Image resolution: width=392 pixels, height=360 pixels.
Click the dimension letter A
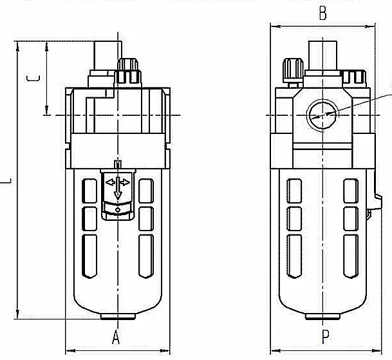(x=116, y=337)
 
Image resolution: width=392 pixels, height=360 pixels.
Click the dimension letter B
(x=322, y=14)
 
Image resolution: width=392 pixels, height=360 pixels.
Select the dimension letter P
(x=325, y=337)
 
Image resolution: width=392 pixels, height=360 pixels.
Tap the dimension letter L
(x=6, y=181)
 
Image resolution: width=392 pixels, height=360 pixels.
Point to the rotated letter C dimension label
(x=33, y=78)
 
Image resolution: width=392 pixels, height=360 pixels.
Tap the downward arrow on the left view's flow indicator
(x=118, y=188)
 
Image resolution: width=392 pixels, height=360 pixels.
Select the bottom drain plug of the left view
(x=118, y=317)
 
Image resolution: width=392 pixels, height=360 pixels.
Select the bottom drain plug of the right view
(x=322, y=317)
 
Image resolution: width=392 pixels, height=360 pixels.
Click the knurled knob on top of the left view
(x=127, y=71)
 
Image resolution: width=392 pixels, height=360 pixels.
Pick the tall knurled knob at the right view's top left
(x=293, y=71)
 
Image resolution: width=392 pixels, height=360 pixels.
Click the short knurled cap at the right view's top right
(x=354, y=77)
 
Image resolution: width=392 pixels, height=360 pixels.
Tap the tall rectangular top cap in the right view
(x=322, y=55)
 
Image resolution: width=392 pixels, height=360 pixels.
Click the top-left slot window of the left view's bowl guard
(x=89, y=191)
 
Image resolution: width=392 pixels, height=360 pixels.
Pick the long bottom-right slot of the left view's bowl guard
(x=146, y=256)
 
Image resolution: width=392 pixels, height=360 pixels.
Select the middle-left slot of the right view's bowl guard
(x=294, y=219)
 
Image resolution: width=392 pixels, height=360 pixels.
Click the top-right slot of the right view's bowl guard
(x=351, y=191)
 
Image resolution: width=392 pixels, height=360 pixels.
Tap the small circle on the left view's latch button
(x=118, y=210)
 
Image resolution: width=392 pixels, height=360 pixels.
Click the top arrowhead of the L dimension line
(x=17, y=47)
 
